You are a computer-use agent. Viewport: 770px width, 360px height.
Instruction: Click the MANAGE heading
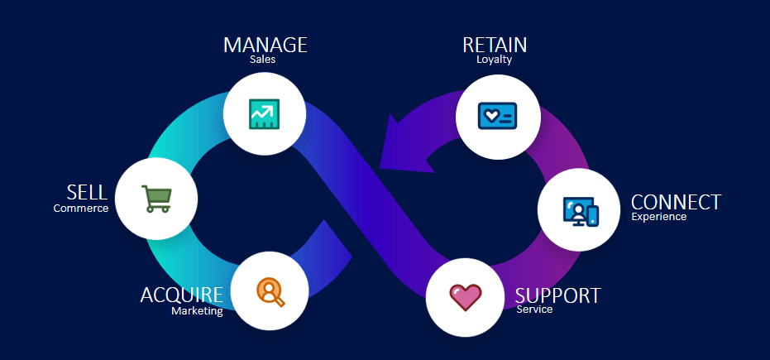[265, 45]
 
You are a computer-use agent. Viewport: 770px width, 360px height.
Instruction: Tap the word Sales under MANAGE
[262, 60]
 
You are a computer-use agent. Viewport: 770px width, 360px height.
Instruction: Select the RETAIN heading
[495, 45]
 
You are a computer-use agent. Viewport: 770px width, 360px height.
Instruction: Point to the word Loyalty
[495, 60]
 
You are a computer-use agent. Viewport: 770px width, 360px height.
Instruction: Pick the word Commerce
[81, 209]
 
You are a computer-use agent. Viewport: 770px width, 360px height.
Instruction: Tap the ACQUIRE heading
[181, 295]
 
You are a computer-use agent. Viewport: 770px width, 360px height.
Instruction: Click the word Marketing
[197, 311]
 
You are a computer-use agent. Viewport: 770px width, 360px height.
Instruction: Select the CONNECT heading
[676, 202]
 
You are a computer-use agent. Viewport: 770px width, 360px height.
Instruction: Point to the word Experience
[659, 217]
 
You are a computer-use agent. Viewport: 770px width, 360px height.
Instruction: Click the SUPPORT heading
[557, 295]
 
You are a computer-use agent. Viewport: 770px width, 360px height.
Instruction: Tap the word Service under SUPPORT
[533, 310]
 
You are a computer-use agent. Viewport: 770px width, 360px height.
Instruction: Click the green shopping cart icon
[156, 199]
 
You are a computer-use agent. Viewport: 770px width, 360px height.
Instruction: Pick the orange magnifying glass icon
[270, 291]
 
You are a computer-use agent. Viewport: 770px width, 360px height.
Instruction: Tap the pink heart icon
[466, 297]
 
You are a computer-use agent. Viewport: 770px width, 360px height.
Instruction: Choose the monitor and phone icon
[579, 210]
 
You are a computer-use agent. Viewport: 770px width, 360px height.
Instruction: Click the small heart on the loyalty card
[490, 116]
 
